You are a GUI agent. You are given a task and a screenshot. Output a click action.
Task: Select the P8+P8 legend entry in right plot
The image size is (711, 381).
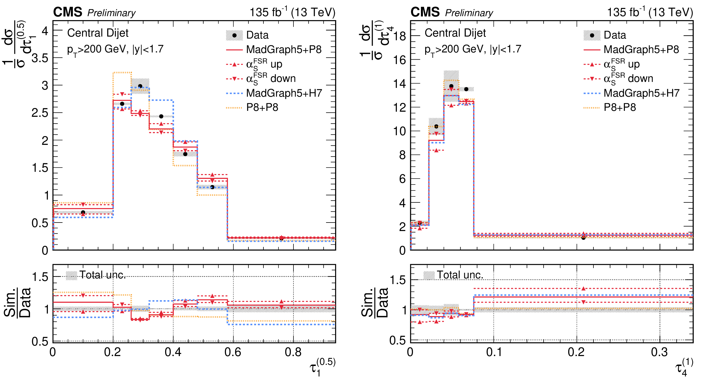[x=620, y=107]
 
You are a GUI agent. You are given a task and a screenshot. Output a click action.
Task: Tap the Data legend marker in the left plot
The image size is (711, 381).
[x=234, y=35]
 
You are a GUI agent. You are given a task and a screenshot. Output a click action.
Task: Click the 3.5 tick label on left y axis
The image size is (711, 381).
[x=40, y=58]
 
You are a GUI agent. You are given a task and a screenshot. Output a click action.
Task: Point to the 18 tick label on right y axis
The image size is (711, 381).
[x=400, y=36]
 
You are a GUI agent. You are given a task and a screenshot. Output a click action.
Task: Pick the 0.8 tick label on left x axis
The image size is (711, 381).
[x=293, y=352]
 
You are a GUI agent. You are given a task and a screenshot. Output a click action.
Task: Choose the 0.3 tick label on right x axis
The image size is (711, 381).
[x=659, y=352]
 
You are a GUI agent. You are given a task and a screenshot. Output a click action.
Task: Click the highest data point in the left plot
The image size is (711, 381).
[x=140, y=86]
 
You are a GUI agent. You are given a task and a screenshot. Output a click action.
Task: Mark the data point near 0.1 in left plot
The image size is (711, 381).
[x=83, y=212]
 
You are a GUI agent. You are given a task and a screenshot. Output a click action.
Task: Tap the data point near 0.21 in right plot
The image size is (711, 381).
[x=583, y=238]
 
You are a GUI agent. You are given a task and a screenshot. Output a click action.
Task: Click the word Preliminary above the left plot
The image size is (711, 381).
[x=111, y=13]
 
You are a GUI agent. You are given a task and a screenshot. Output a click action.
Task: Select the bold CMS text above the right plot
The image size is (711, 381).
[x=425, y=12]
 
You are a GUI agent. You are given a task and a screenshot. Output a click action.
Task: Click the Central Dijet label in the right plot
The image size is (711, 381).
[x=455, y=33]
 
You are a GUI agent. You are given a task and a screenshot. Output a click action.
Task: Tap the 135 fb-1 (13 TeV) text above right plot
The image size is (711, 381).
[x=650, y=12]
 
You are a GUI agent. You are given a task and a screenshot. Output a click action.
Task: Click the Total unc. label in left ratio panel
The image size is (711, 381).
[x=102, y=275]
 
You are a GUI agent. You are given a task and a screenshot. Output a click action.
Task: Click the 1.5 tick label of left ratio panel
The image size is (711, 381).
[x=40, y=277]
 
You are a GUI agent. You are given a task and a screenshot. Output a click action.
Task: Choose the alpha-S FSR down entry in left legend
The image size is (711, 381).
[x=271, y=79]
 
